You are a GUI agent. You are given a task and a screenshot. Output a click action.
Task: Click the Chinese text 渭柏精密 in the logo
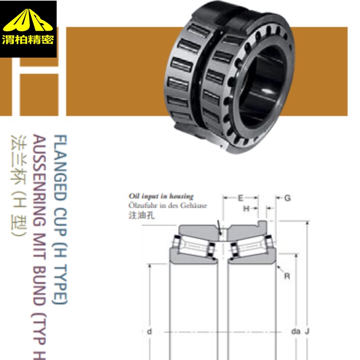28,39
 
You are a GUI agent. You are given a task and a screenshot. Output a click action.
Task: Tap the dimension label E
240,198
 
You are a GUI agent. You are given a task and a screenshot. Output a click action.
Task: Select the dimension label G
288,198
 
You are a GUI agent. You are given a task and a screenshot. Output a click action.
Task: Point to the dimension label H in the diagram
246,208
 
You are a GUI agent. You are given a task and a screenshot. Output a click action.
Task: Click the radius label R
287,276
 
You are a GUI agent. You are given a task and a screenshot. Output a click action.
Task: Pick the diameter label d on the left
149,331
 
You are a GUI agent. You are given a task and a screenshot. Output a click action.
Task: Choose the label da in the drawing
296,331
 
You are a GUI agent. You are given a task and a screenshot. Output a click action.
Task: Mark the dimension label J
307,331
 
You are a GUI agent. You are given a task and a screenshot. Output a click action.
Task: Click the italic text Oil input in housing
161,196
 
